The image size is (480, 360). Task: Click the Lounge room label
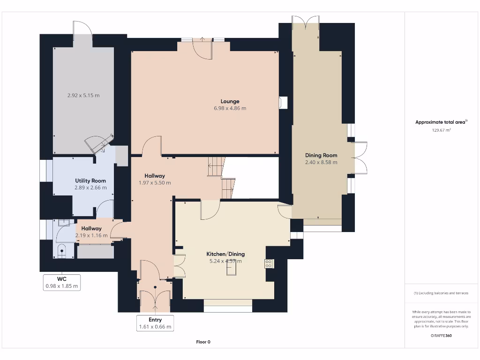[x=230, y=101]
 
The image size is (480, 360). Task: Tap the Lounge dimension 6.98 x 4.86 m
[x=230, y=108]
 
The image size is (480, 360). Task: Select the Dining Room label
[x=321, y=156]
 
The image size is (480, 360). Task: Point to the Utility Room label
[x=90, y=181]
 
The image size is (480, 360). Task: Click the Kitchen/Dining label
[x=225, y=254]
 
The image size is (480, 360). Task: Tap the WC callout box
[x=62, y=283]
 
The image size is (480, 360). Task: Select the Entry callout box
[x=155, y=323]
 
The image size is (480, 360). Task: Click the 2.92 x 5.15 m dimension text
[x=83, y=96]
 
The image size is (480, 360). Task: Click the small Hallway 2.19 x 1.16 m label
[x=91, y=232]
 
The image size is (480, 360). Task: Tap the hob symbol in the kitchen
[x=269, y=264]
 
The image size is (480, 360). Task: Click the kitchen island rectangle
[x=232, y=269]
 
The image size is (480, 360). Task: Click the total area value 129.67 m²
[x=441, y=130]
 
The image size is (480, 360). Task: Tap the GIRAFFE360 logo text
[x=441, y=336]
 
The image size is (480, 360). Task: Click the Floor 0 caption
[x=203, y=342]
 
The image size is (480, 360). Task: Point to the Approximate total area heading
[x=441, y=122]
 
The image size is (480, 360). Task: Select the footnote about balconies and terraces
[x=441, y=293]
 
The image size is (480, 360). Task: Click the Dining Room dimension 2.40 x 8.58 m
[x=321, y=163]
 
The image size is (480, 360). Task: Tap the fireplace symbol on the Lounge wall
[x=283, y=103]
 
